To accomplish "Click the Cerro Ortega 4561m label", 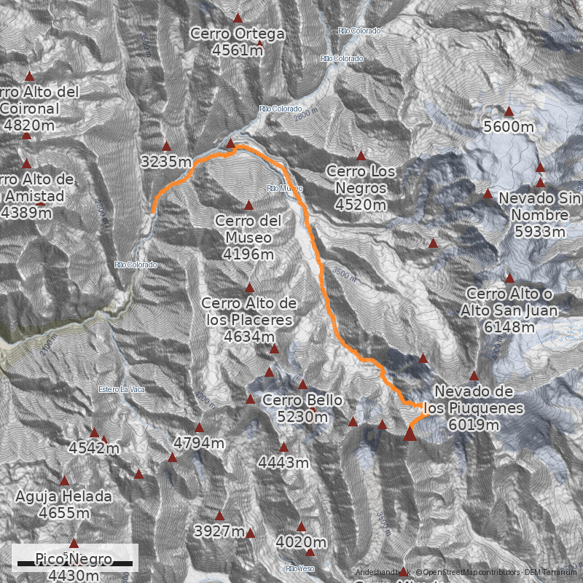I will [x=237, y=42].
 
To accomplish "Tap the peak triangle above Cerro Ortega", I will [x=237, y=18].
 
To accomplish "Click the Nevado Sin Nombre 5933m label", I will [x=539, y=215].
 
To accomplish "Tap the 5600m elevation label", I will [x=509, y=127].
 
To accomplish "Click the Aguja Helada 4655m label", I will [x=64, y=505].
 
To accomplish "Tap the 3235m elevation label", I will [x=167, y=162].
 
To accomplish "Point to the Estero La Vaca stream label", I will [x=122, y=389].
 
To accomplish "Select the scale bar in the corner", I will [x=75, y=563].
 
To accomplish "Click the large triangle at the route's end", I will [x=410, y=434].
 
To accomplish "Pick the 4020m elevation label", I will [x=300, y=542].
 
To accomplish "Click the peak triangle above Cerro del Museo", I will [x=249, y=205].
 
